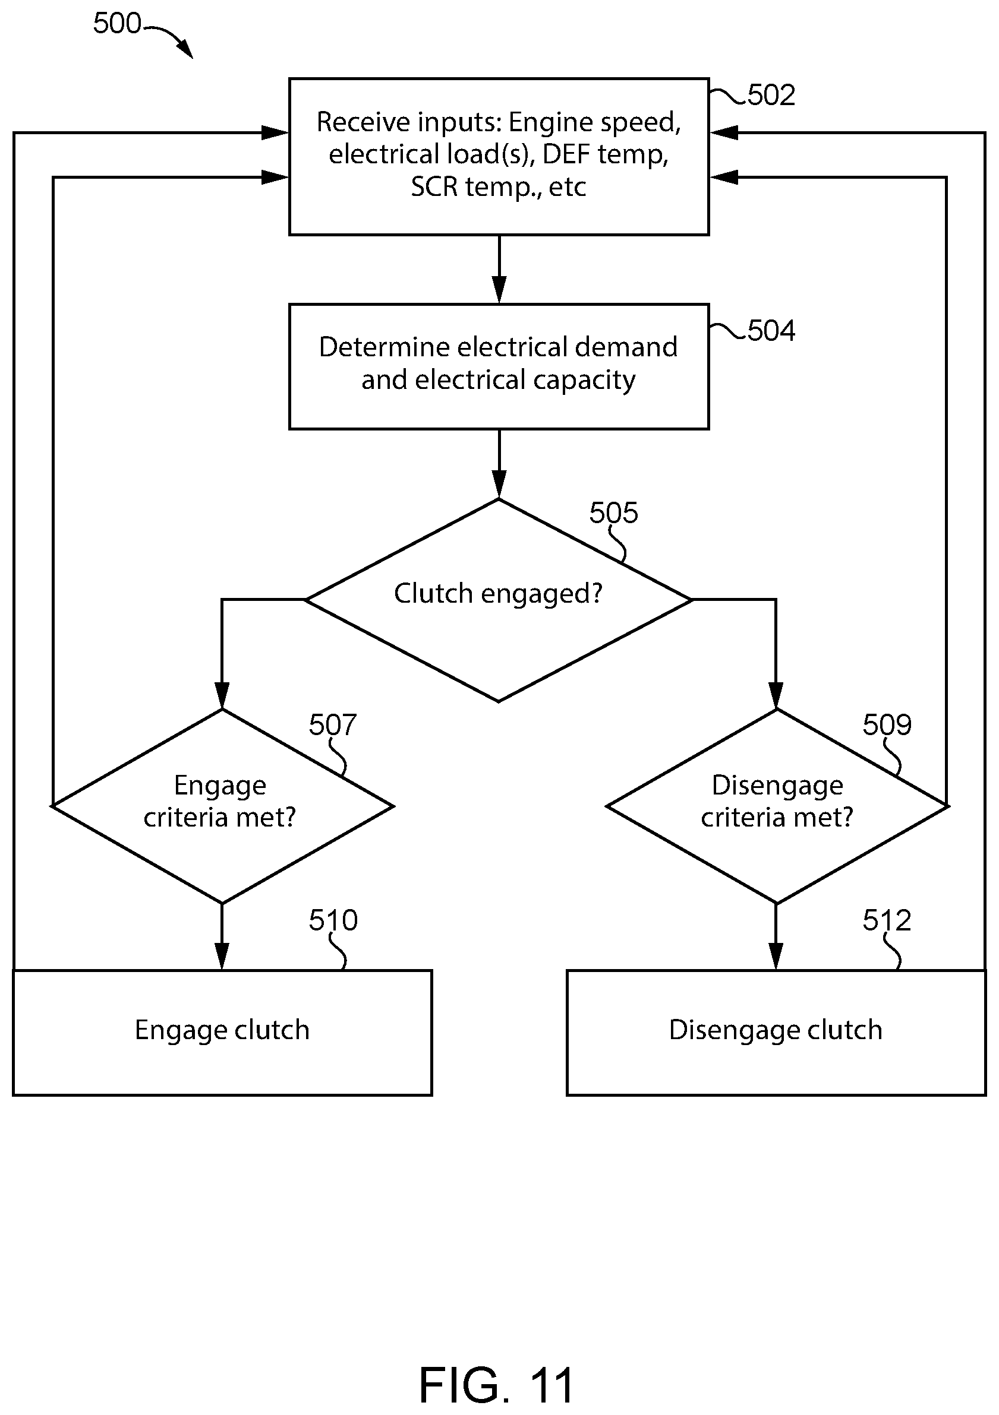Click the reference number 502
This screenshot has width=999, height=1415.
(x=771, y=95)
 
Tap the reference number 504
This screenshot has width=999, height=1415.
(x=771, y=331)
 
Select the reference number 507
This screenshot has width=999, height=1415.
(x=333, y=724)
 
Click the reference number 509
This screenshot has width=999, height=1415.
(x=887, y=724)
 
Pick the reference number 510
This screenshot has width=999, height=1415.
(x=333, y=920)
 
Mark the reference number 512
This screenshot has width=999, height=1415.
(x=887, y=920)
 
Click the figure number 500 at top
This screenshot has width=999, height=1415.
(x=117, y=23)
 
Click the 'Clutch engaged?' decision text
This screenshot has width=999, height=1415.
(x=498, y=593)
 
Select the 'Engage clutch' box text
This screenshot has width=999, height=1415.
(x=222, y=1030)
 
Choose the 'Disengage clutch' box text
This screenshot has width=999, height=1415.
(x=776, y=1030)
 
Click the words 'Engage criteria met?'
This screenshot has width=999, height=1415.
(x=220, y=801)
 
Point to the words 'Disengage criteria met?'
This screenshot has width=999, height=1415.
(x=777, y=801)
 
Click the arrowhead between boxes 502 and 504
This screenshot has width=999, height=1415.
(x=499, y=290)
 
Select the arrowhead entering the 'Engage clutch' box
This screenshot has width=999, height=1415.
(x=222, y=956)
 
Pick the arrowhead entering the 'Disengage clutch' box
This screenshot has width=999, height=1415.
(x=776, y=956)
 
